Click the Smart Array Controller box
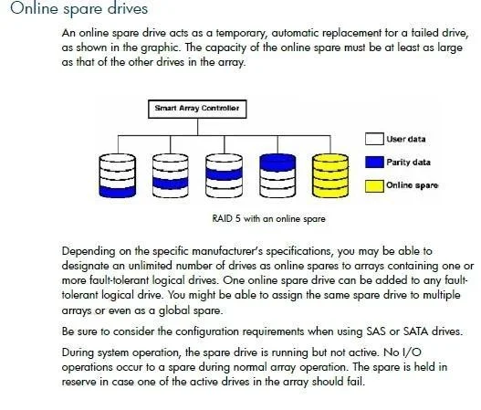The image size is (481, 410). pos(197,109)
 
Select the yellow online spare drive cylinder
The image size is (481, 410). pos(330,175)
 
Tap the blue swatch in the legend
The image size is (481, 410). pos(374,162)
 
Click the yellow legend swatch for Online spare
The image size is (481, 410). pos(374,186)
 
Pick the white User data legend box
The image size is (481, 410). pos(374,139)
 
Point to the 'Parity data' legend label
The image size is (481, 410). pos(408,162)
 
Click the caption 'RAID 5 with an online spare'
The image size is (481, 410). pos(268,219)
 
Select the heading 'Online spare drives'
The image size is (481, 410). pos(79,8)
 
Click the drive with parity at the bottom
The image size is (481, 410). pos(118,175)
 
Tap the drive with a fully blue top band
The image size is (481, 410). pos(277,175)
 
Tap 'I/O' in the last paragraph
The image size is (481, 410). pos(411,352)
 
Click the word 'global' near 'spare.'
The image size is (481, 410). pos(174,310)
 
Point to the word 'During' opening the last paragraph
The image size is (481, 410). pos(78,352)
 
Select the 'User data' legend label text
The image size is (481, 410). pos(406,139)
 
